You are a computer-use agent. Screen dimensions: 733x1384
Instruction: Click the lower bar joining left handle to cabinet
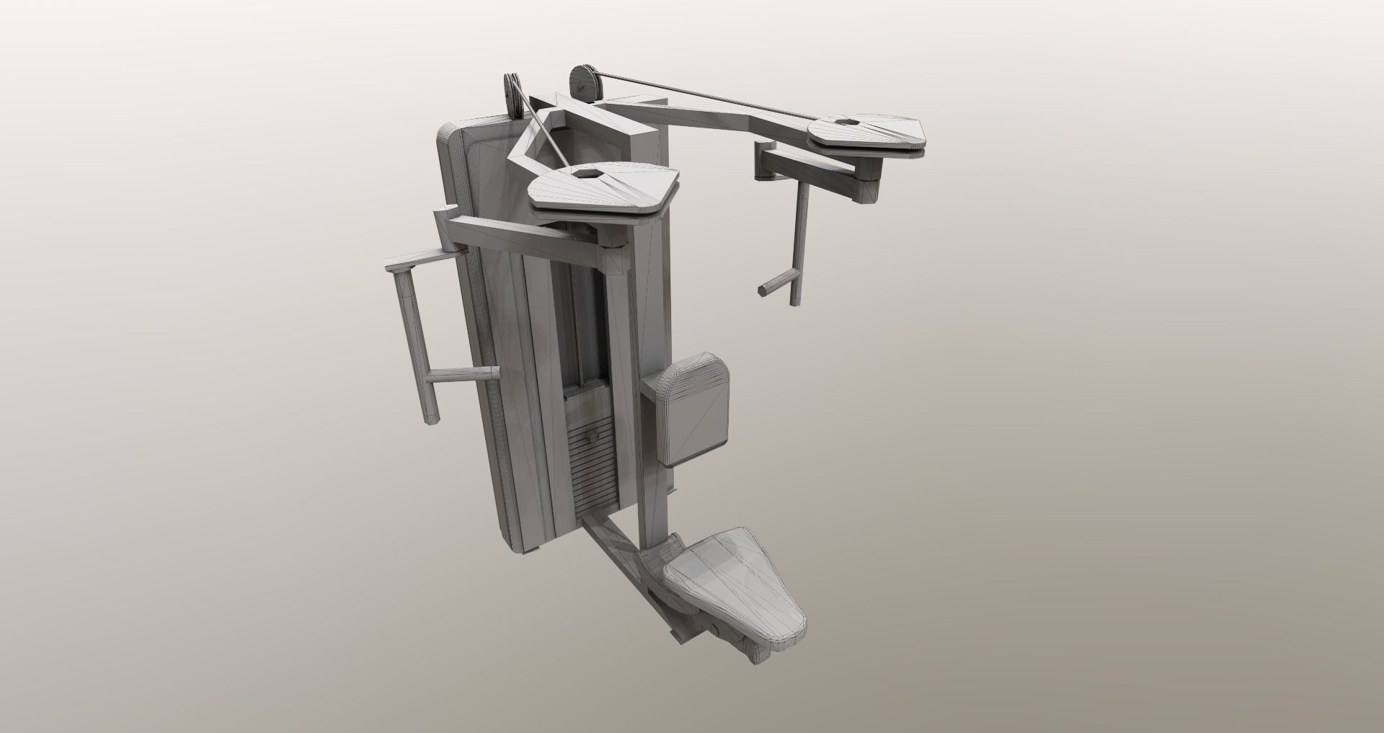coord(461,375)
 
